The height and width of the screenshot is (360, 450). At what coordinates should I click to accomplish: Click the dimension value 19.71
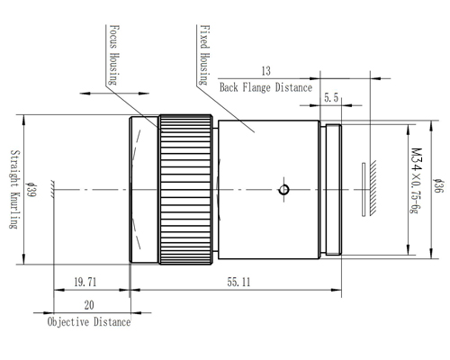pyautogui.click(x=85, y=282)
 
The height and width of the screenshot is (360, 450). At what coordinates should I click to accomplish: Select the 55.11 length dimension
pyautogui.click(x=238, y=282)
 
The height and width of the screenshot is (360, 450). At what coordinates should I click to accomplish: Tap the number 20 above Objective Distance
pyautogui.click(x=89, y=305)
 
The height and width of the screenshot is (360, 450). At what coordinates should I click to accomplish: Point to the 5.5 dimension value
pyautogui.click(x=331, y=98)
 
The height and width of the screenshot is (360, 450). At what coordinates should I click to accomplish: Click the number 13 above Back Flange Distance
pyautogui.click(x=265, y=71)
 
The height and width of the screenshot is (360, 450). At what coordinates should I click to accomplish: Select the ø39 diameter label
pyautogui.click(x=31, y=189)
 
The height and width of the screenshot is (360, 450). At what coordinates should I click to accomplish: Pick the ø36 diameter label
pyautogui.click(x=438, y=185)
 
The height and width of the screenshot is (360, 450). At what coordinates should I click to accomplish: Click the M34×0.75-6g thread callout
pyautogui.click(x=416, y=181)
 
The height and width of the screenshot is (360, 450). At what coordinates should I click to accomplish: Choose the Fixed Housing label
pyautogui.click(x=205, y=55)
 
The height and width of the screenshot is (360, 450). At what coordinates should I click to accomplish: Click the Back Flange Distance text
pyautogui.click(x=265, y=87)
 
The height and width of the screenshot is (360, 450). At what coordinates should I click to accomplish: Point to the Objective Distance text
pyautogui.click(x=89, y=322)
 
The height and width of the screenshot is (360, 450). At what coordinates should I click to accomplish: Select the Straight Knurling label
pyautogui.click(x=15, y=190)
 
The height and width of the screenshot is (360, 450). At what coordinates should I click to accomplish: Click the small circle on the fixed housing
pyautogui.click(x=283, y=190)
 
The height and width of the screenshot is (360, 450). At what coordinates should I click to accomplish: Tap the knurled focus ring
pyautogui.click(x=186, y=190)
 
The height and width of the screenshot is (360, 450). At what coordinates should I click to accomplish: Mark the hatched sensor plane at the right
pyautogui.click(x=373, y=188)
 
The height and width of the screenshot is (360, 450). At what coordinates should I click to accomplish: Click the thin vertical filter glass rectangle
pyautogui.click(x=364, y=189)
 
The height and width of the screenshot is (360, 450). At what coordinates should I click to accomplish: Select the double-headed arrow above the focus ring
pyautogui.click(x=114, y=94)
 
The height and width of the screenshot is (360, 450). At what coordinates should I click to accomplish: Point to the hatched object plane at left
pyautogui.click(x=52, y=189)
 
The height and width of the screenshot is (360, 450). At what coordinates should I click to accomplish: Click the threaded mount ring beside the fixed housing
pyautogui.click(x=334, y=190)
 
